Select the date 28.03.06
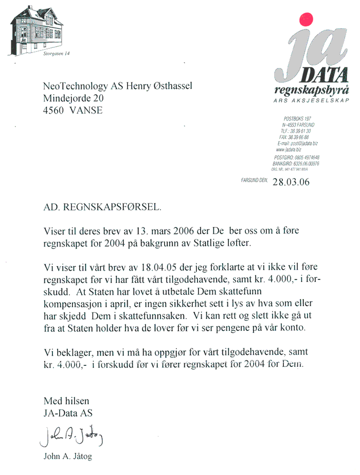pos(291,182)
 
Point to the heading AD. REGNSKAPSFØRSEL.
pos(102,208)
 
